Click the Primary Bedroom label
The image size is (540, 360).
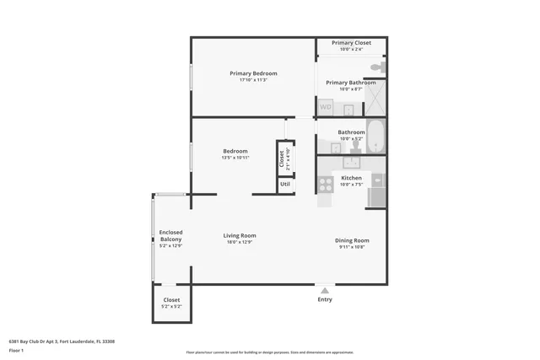click(253, 73)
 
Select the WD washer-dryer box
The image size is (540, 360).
click(325, 107)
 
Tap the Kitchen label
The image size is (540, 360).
click(351, 178)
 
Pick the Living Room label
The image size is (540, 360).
click(240, 235)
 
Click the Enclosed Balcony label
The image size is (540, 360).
click(171, 236)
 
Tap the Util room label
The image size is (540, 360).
click(285, 184)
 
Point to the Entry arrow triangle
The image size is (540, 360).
click(325, 290)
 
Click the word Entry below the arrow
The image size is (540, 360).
click(325, 299)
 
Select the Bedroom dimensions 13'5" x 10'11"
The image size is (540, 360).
click(235, 158)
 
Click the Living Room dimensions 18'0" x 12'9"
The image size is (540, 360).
click(240, 243)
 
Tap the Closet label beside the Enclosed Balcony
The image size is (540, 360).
click(171, 299)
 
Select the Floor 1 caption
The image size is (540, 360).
click(16, 349)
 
